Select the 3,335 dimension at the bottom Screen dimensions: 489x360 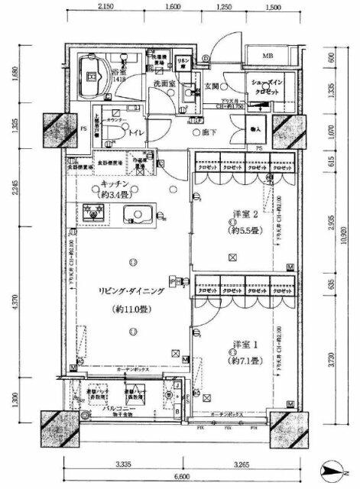(x=119, y=463)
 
